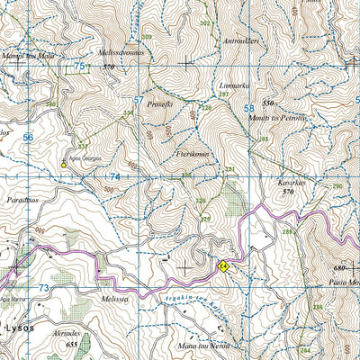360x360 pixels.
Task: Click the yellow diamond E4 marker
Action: tap(222, 265)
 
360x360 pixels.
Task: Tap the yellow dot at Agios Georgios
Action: tap(64, 164)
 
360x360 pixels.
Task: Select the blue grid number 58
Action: tap(247, 109)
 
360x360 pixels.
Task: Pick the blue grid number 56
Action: tap(28, 137)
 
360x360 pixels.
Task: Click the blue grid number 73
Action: tap(44, 287)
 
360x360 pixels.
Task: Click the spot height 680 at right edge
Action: tap(339, 267)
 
